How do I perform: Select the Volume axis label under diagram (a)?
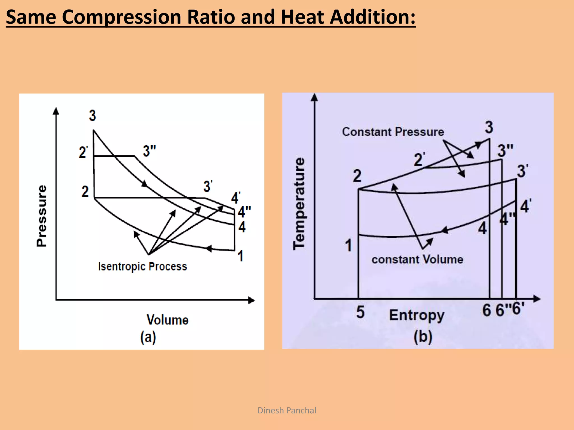coord(168,320)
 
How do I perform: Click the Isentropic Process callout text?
coord(142,267)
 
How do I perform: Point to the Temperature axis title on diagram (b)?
coord(299,204)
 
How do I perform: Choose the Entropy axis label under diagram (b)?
coord(417,316)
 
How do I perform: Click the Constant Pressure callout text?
coord(393,132)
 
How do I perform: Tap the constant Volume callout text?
coord(417,260)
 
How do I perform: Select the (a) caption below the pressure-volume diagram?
coord(148,337)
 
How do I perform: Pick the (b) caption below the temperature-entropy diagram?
coord(423,337)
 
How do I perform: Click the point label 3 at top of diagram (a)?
coord(92,116)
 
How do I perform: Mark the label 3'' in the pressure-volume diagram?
coord(149,151)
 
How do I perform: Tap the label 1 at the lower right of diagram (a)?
coord(240,256)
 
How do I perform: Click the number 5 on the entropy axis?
coord(360,312)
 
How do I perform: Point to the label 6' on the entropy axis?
coord(518,309)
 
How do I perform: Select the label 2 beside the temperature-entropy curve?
coord(357,176)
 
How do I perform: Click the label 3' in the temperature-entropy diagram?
coord(522,171)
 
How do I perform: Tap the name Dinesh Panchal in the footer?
coord(287,410)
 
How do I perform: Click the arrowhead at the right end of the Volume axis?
coord(252,300)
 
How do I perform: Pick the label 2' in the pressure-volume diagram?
coord(83,153)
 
